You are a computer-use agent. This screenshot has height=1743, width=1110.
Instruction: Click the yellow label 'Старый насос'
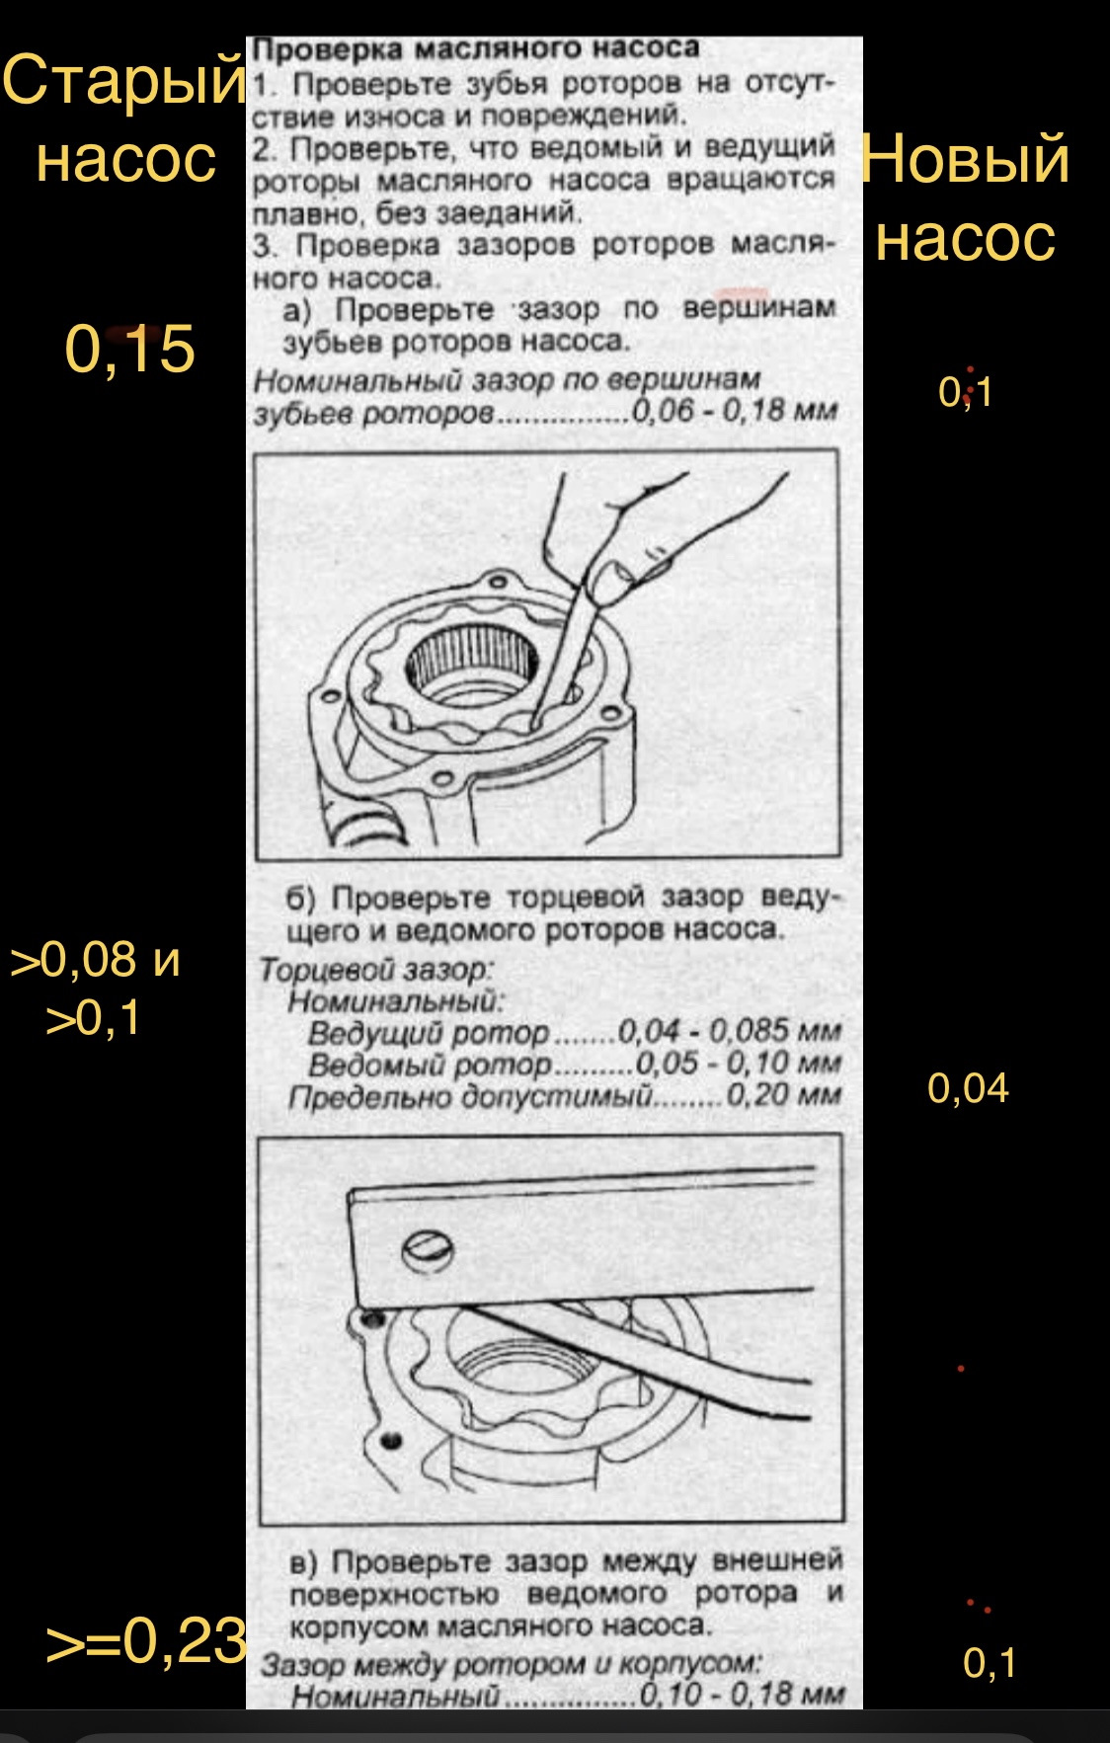click(123, 119)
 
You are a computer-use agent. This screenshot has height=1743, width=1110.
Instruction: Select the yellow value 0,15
click(129, 349)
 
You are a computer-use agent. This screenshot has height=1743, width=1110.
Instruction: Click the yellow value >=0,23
click(146, 1640)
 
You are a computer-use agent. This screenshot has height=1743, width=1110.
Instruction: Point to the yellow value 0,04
click(968, 1088)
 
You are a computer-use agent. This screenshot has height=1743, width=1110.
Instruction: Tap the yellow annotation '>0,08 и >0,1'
click(96, 988)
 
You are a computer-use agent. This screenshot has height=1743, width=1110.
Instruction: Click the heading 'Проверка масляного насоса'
click(476, 48)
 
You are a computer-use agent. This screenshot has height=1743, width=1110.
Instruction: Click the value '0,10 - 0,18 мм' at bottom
click(743, 1695)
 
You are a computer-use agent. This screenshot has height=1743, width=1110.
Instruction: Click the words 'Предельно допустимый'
click(470, 1097)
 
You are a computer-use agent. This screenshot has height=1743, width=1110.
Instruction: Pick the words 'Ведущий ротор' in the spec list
click(429, 1033)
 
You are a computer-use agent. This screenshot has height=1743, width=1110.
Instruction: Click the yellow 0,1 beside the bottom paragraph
click(990, 1663)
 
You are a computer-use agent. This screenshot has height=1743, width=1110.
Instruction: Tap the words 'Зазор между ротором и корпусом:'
click(512, 1664)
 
